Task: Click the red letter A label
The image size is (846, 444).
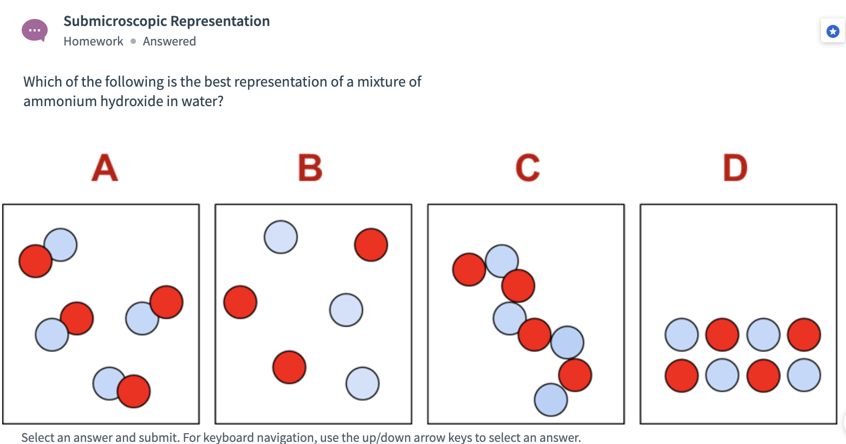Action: coord(105,168)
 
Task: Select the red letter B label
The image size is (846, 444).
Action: coord(310,168)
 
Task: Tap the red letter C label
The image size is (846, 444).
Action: coord(528,168)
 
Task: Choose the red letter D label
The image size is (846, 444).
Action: coord(735,168)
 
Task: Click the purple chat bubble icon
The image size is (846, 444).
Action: coord(35,30)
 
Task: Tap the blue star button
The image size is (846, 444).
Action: coord(833,31)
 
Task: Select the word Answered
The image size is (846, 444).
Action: coord(169,42)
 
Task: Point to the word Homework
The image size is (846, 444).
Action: coord(93,42)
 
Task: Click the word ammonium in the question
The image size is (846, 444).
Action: coord(60,101)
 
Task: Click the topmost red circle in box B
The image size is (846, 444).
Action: coord(371,245)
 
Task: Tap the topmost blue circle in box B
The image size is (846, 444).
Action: coord(281,237)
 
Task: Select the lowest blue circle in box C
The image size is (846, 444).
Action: coord(551,400)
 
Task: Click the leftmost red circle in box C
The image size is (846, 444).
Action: coord(468,269)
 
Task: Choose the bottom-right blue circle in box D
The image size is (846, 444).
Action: coord(804,375)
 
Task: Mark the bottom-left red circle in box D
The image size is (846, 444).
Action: coord(681,375)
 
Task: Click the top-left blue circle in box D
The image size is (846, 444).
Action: coord(681,335)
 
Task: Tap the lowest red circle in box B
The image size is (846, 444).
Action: coord(289,367)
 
